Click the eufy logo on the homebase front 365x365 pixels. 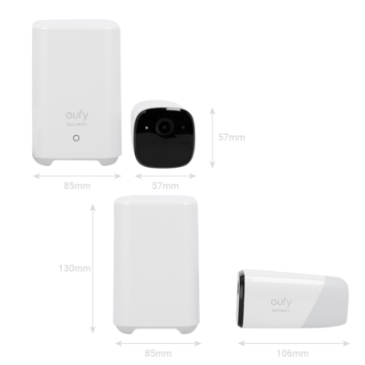[77, 115]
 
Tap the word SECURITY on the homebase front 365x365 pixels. [77, 124]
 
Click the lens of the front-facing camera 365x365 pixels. [164, 126]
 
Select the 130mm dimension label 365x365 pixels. [75, 268]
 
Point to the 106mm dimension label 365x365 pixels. [293, 353]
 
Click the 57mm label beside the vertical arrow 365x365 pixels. [232, 138]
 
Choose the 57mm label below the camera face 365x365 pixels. [165, 185]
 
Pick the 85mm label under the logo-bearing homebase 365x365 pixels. [78, 185]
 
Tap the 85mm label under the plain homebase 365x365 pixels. [158, 353]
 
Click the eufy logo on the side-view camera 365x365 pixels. [281, 302]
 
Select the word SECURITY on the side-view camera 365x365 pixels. [281, 310]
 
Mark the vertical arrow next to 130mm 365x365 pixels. [93, 268]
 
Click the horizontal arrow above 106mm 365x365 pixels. [294, 344]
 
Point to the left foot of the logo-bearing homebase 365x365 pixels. [42, 162]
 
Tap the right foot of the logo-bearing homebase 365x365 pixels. [109, 162]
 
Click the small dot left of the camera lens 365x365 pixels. [147, 128]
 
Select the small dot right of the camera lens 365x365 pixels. [183, 127]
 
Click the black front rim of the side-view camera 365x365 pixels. [241, 298]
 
